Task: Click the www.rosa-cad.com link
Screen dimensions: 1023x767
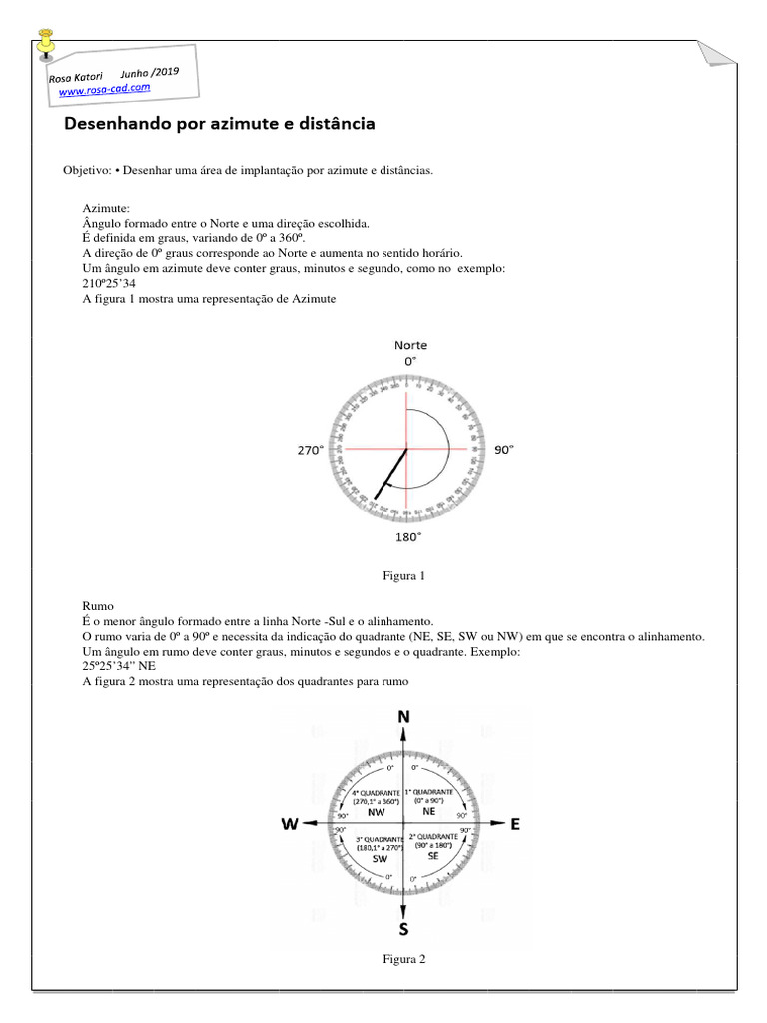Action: click(105, 90)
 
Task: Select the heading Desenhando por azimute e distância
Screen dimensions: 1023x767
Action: click(220, 125)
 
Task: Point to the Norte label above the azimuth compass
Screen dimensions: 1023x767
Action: click(410, 345)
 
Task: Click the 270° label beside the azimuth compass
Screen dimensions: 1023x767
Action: click(311, 451)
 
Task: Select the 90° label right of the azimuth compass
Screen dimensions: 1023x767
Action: click(504, 451)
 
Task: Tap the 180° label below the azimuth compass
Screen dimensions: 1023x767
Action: click(407, 536)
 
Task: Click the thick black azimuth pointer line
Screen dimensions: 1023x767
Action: click(391, 474)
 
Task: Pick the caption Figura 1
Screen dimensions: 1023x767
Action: click(404, 576)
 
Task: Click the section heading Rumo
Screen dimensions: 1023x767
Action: click(98, 606)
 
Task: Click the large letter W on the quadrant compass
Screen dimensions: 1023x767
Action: click(290, 824)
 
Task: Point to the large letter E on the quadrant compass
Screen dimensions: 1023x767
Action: click(515, 824)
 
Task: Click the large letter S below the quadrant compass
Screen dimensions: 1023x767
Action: click(403, 930)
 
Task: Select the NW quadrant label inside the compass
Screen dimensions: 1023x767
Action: click(376, 813)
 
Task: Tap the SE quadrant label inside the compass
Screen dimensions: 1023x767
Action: click(432, 856)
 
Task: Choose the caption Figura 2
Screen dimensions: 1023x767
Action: click(404, 959)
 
